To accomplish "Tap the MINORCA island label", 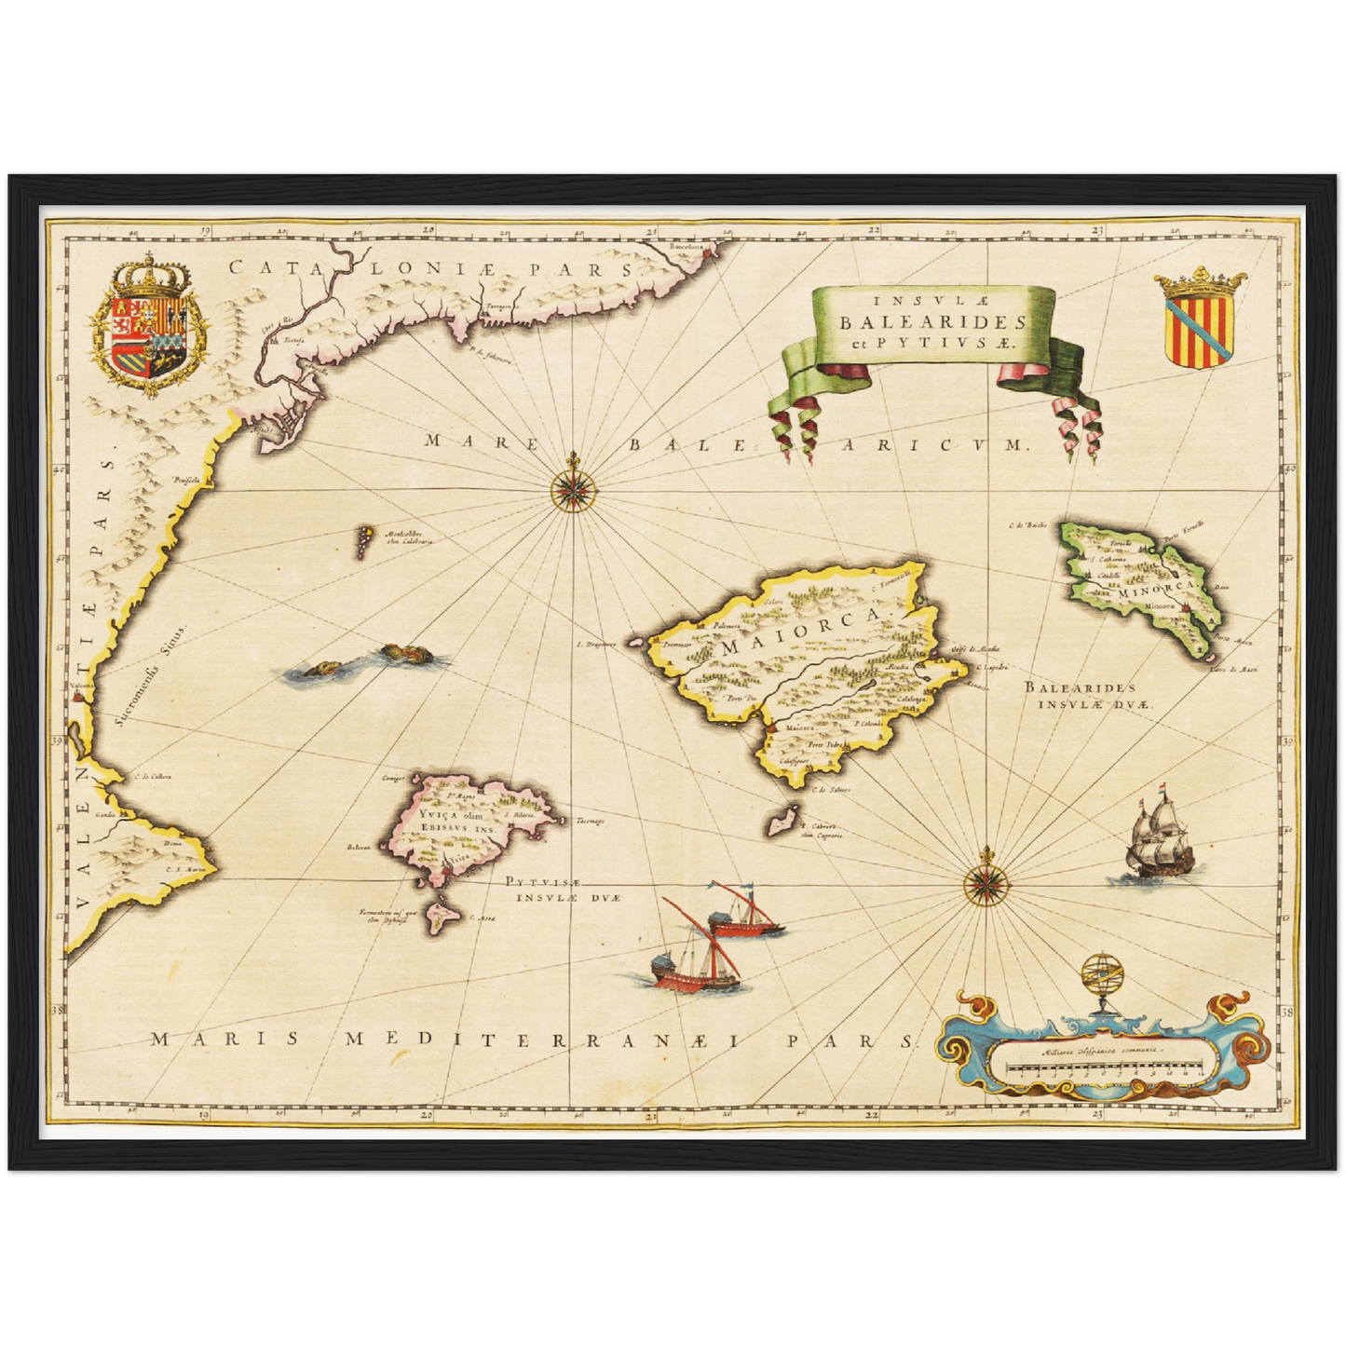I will [1152, 589].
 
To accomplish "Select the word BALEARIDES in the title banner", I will [931, 322].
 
